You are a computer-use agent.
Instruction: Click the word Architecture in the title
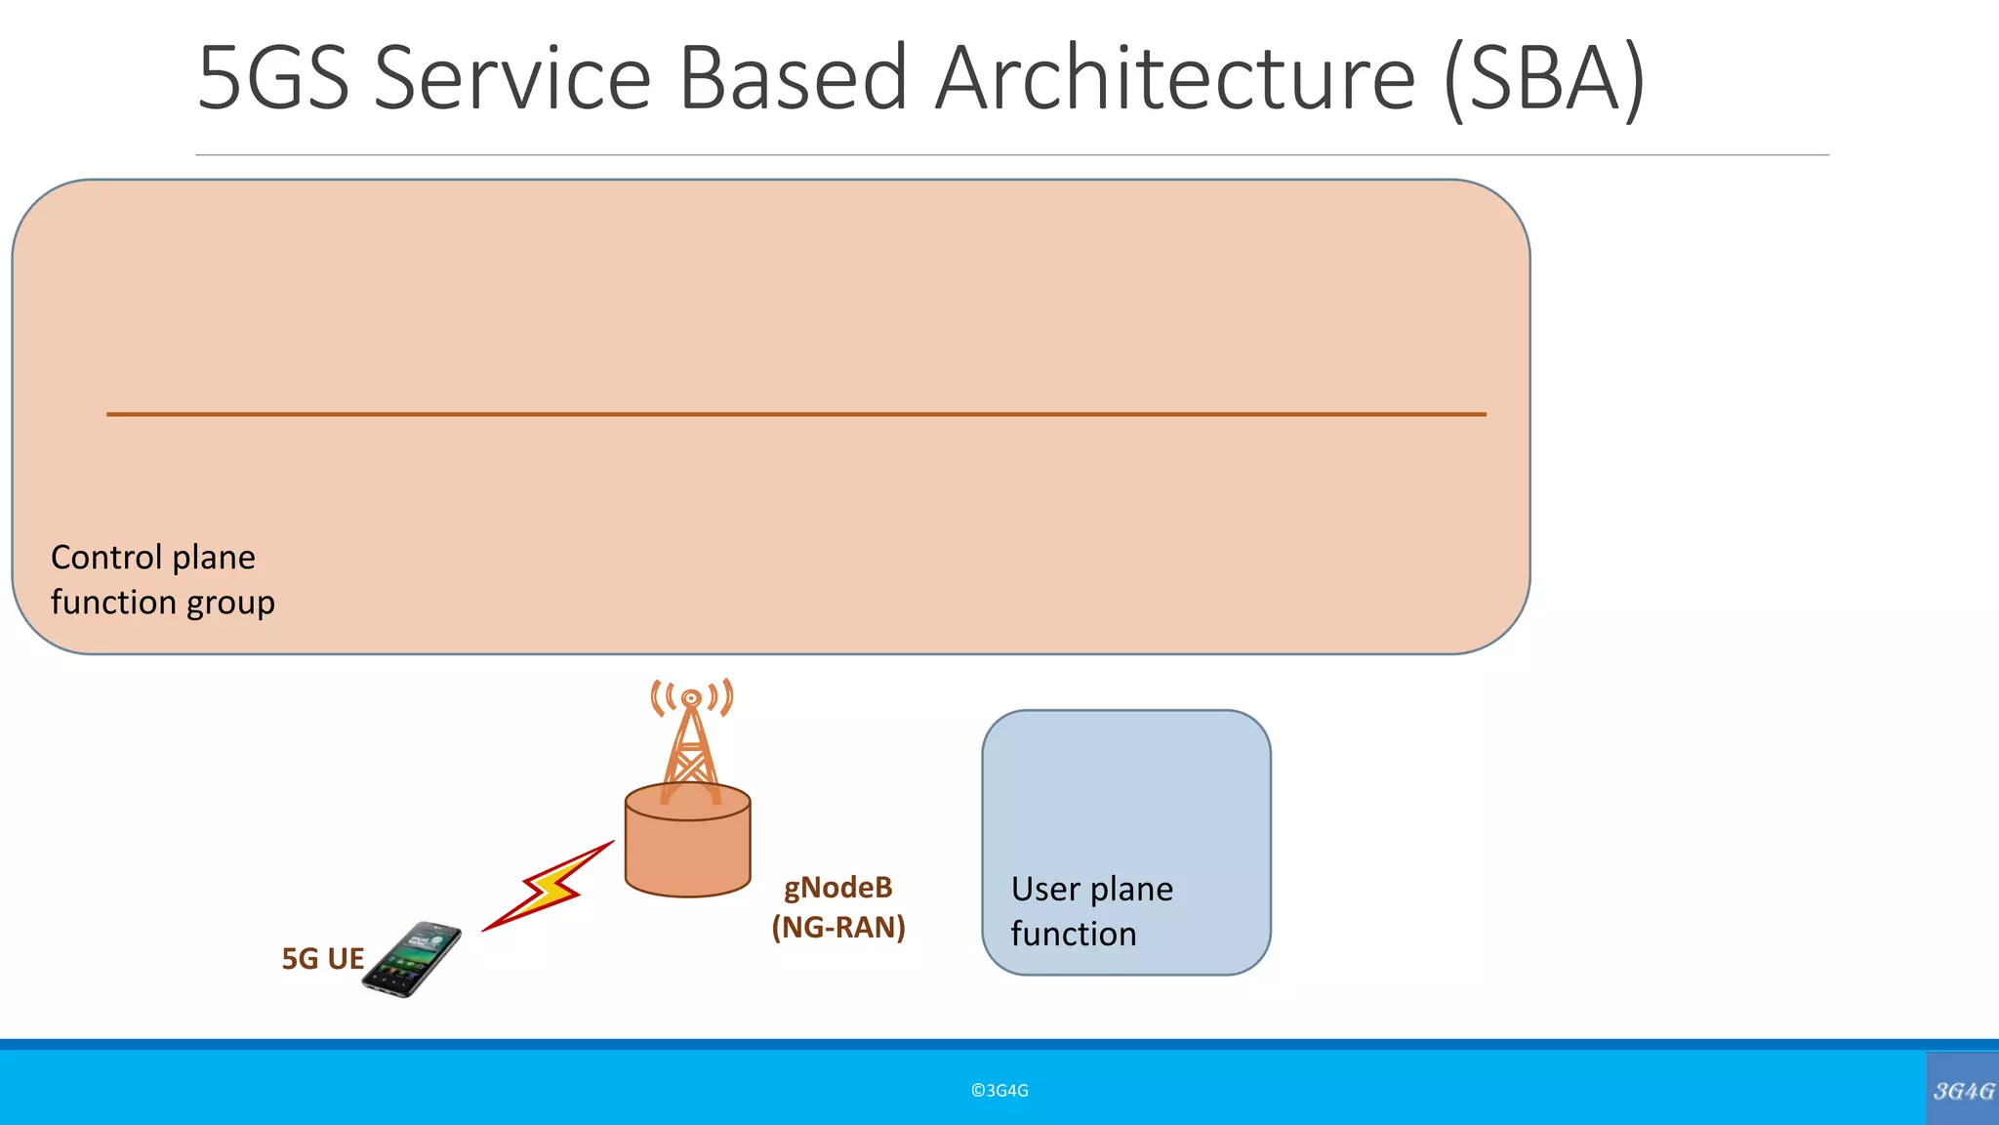click(x=1175, y=78)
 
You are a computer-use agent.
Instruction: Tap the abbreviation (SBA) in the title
click(x=1544, y=78)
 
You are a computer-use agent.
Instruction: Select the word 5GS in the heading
click(x=273, y=78)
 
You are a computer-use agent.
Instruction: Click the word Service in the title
click(x=512, y=78)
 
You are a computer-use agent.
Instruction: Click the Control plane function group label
click(x=162, y=580)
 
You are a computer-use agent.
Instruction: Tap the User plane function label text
click(x=1091, y=911)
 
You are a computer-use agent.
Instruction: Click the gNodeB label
click(x=838, y=888)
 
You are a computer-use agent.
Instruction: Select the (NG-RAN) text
click(x=838, y=927)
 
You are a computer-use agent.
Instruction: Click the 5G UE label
click(x=322, y=959)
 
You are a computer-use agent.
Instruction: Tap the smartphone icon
click(x=412, y=959)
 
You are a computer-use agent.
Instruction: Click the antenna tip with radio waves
click(x=691, y=697)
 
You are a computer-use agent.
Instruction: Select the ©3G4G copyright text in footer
click(x=999, y=1091)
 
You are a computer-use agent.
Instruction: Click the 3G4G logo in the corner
click(x=1963, y=1091)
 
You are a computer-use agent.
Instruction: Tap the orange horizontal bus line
click(x=796, y=414)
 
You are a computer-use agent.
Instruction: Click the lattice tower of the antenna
click(x=691, y=752)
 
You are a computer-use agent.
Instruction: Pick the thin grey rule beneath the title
click(x=1011, y=155)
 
